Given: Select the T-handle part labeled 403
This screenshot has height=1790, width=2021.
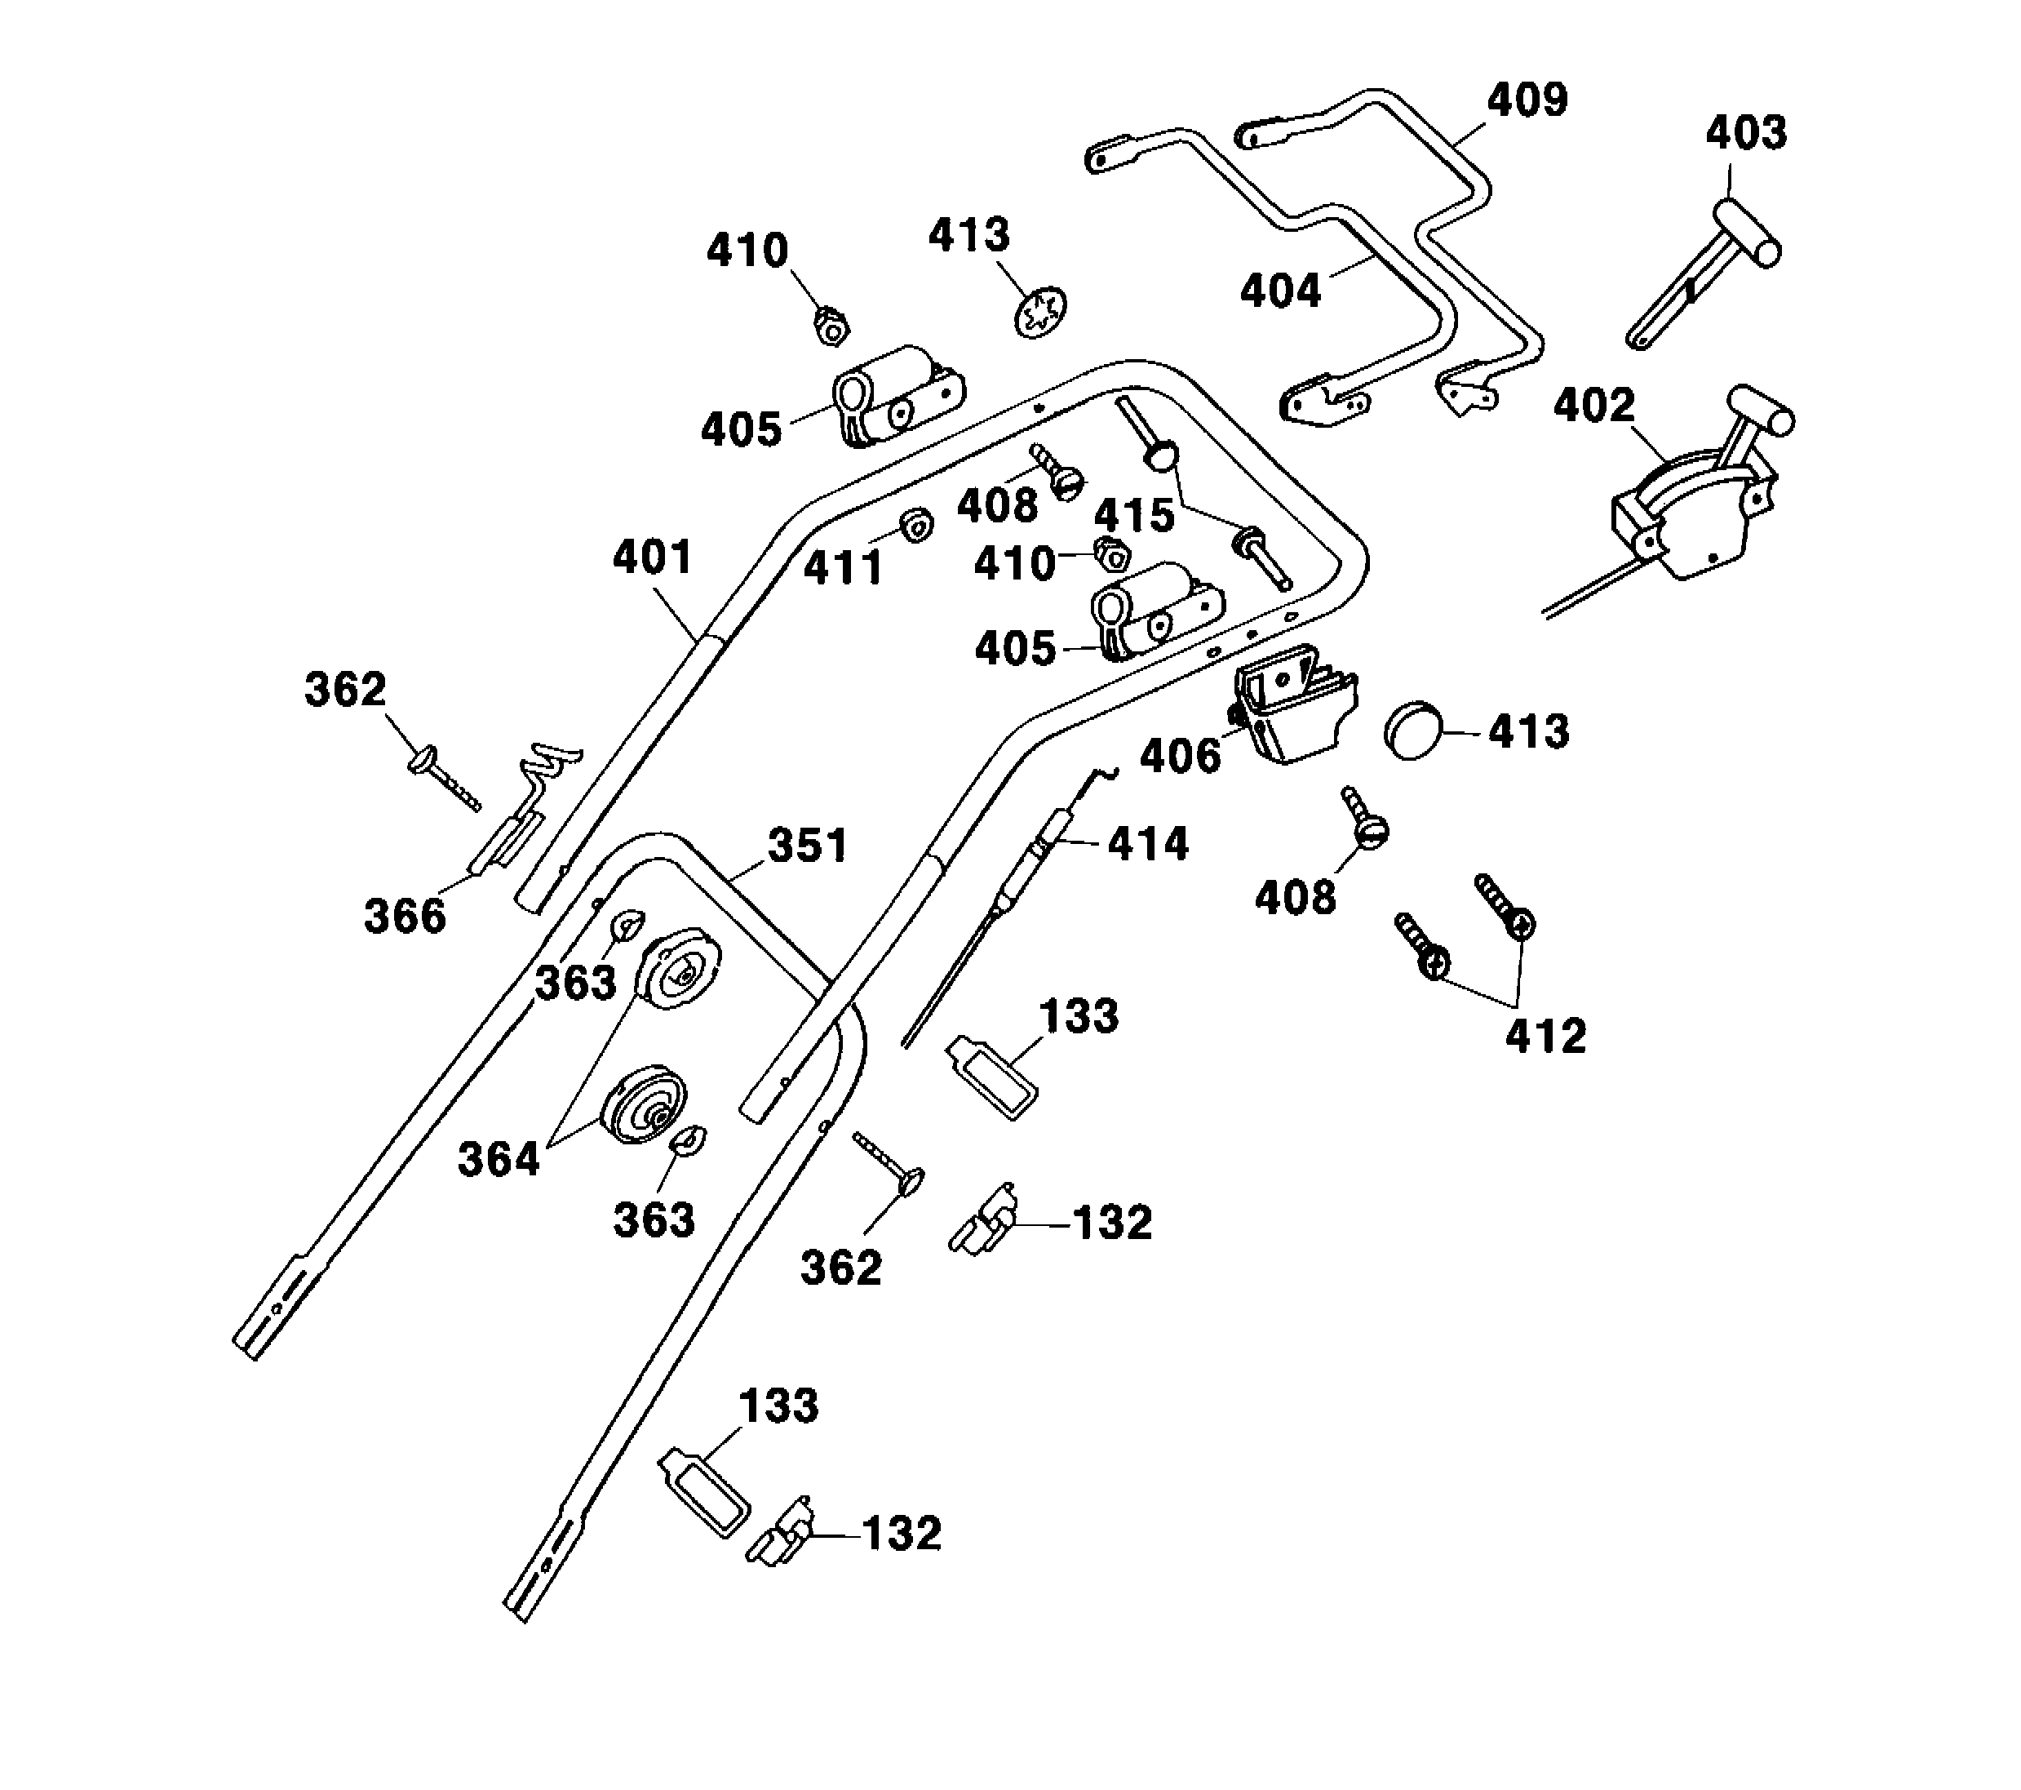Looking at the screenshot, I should pyautogui.click(x=1709, y=267).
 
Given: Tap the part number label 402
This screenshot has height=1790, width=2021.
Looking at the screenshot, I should pyautogui.click(x=1593, y=406).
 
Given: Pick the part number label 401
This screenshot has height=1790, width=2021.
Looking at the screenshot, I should pyautogui.click(x=653, y=557).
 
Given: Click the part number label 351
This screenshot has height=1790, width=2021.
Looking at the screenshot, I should pyautogui.click(x=808, y=846).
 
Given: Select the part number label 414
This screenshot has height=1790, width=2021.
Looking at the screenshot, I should pyautogui.click(x=1147, y=843).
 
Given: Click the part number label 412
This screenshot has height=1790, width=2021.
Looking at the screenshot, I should pyautogui.click(x=1545, y=1036).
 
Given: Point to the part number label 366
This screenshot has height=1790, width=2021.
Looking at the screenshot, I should pyautogui.click(x=406, y=916).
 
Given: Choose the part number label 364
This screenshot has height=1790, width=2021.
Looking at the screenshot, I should pyautogui.click(x=499, y=1159).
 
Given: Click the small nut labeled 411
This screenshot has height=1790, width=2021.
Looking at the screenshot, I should pyautogui.click(x=916, y=524).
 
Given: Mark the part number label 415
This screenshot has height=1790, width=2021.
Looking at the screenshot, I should pyautogui.click(x=1134, y=515).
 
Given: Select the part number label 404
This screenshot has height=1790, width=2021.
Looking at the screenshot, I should pyautogui.click(x=1280, y=291).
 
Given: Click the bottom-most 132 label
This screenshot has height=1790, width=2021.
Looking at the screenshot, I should pyautogui.click(x=902, y=1534).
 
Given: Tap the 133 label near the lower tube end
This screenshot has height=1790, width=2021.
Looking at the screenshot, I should pyautogui.click(x=779, y=1406).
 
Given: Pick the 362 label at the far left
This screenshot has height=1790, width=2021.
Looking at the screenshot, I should pyautogui.click(x=345, y=689).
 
